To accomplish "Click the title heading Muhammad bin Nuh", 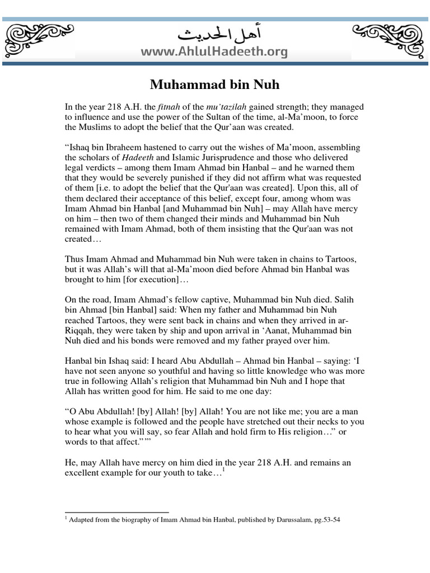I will [x=214, y=85].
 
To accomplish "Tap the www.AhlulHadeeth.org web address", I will [x=214, y=53].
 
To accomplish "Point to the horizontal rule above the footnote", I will [x=117, y=511].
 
